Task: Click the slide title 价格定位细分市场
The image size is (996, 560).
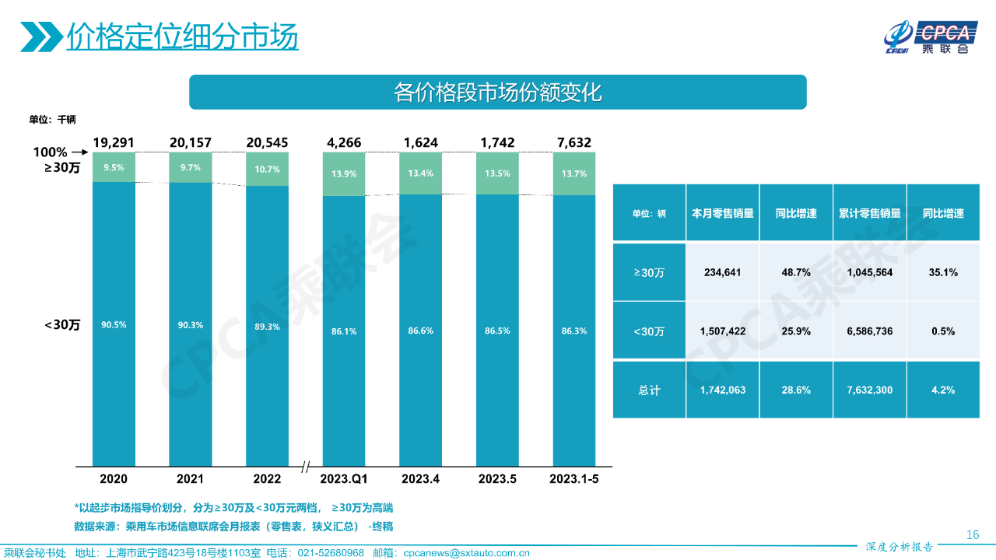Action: pos(182,37)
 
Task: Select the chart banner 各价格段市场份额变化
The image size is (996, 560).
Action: pos(498,93)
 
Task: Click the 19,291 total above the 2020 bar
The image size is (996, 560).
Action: pos(114,142)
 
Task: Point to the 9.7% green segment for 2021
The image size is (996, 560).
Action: pos(190,167)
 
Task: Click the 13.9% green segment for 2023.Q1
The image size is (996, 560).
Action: pos(343,173)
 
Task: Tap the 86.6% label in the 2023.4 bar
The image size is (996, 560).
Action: pos(420,331)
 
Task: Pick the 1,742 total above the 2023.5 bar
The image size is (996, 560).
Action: pos(496,142)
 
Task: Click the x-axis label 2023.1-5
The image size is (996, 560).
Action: pos(573,478)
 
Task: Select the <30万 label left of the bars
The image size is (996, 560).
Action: pos(62,324)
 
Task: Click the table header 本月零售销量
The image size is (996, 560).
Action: pos(723,213)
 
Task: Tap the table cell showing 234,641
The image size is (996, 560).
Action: pos(723,272)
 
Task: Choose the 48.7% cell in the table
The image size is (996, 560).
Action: pos(796,272)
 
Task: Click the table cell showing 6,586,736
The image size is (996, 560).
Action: pos(870,331)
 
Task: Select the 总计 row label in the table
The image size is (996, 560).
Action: pos(649,390)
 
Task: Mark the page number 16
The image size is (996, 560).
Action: pos(972,534)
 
